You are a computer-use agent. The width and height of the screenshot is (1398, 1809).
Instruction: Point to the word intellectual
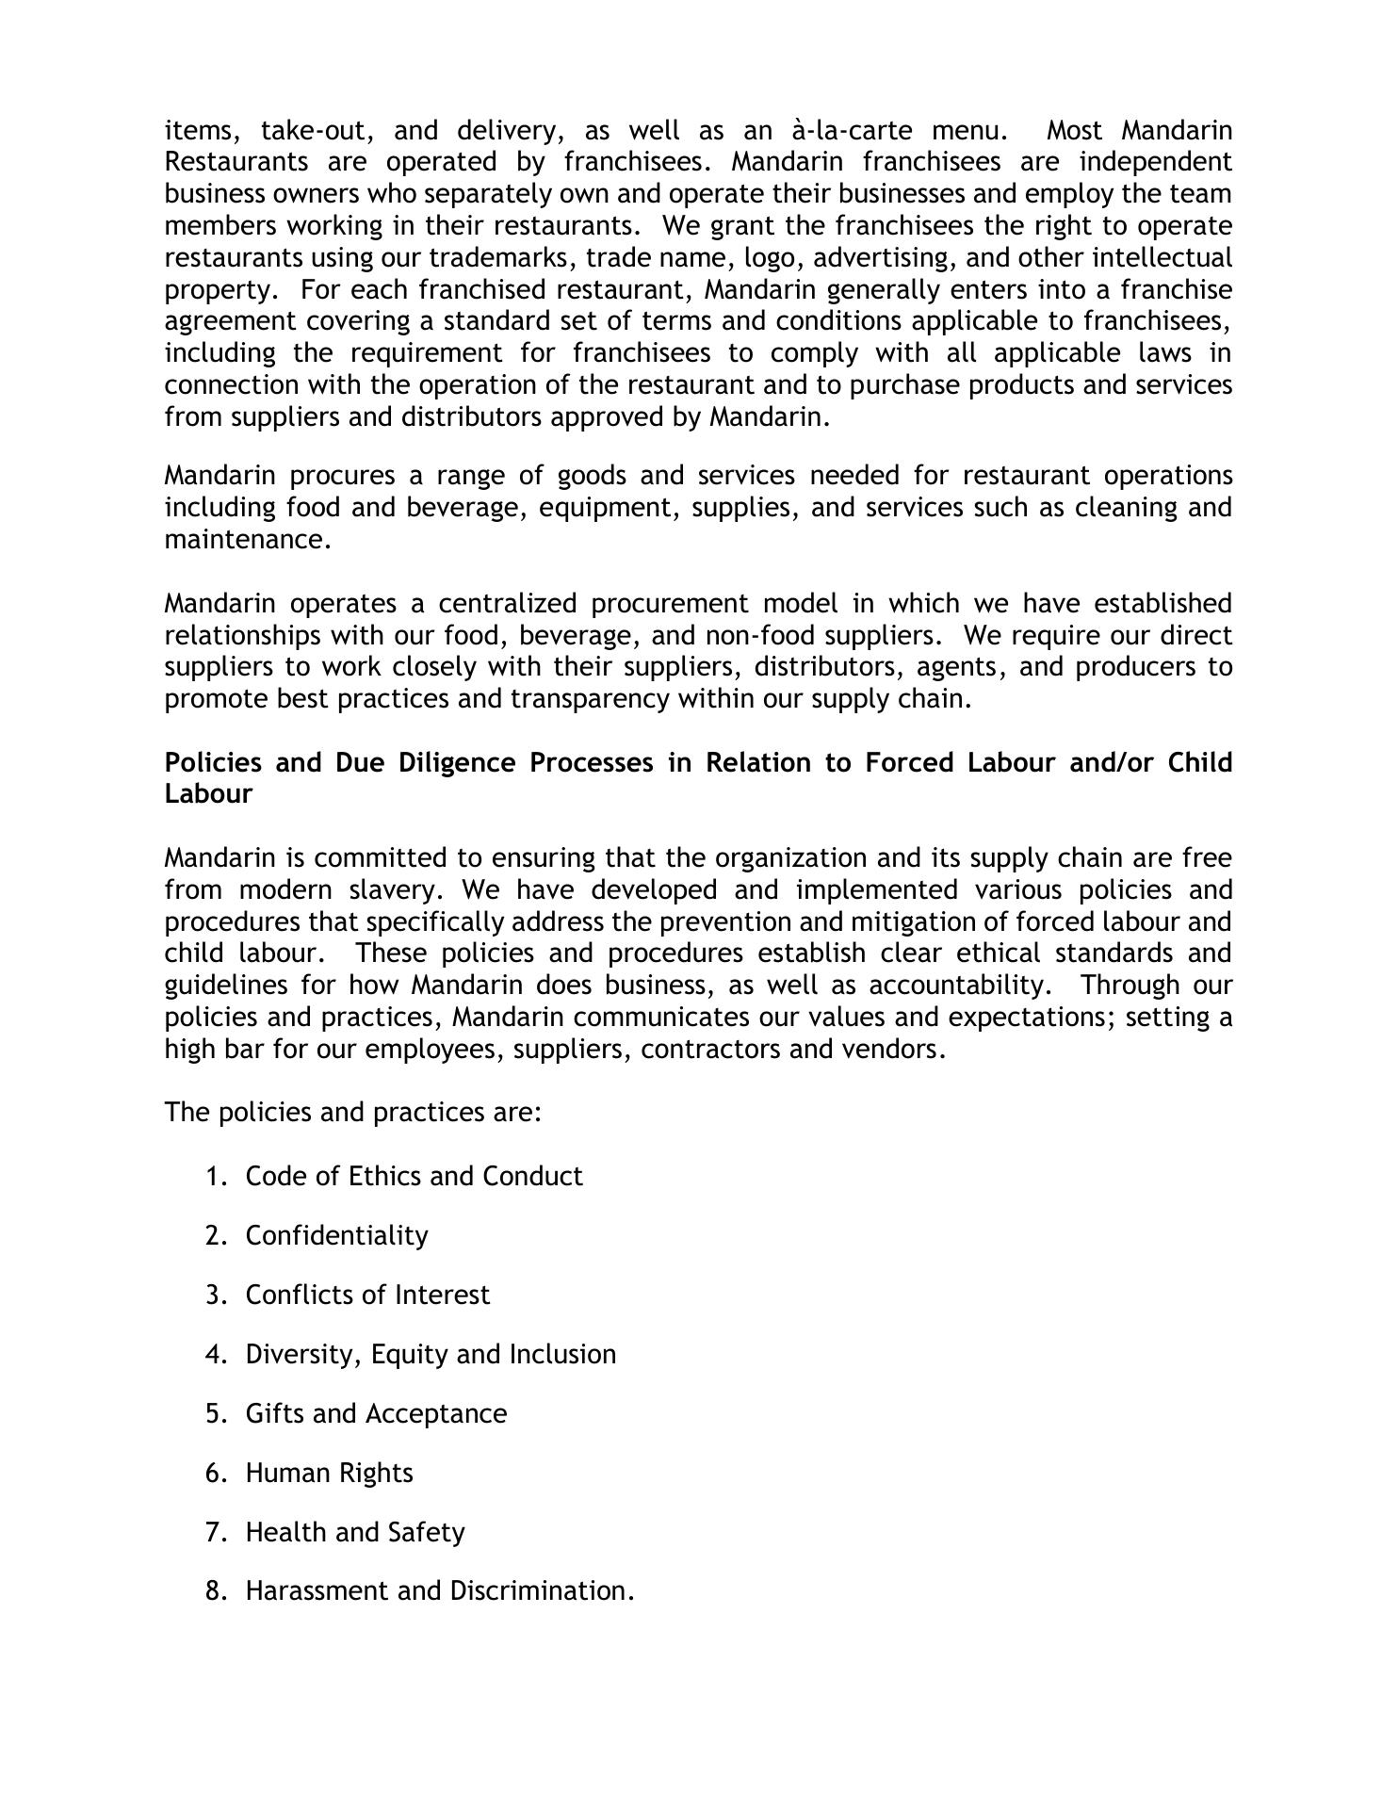coord(1162,257)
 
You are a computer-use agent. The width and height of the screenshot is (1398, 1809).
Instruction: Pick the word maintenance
coord(248,540)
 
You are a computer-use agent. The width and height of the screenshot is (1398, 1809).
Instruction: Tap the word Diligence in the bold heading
coord(457,762)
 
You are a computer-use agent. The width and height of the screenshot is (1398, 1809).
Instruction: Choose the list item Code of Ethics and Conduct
coord(414,1177)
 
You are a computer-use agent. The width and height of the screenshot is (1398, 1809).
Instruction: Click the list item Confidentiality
coord(336,1236)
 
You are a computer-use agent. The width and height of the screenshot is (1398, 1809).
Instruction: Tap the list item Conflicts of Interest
coord(367,1296)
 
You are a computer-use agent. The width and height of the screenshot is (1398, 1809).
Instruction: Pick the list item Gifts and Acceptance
coord(376,1414)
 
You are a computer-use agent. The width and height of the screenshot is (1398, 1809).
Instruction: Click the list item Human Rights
coord(329,1474)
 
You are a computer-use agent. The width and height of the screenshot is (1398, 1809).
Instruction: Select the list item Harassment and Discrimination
coord(440,1591)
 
